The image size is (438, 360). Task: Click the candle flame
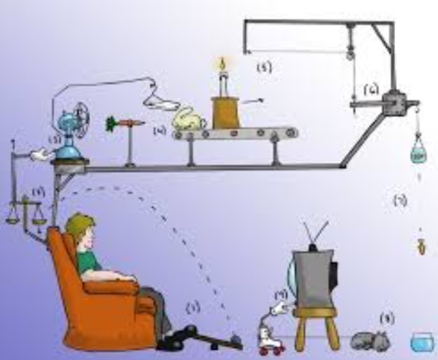(221, 65)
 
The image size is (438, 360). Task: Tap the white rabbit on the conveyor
(189, 121)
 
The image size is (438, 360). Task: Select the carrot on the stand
(123, 124)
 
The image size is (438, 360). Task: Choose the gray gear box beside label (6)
(394, 103)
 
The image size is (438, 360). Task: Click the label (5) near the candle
(264, 67)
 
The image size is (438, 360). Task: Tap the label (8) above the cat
(387, 318)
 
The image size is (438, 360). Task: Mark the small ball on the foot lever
(234, 336)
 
